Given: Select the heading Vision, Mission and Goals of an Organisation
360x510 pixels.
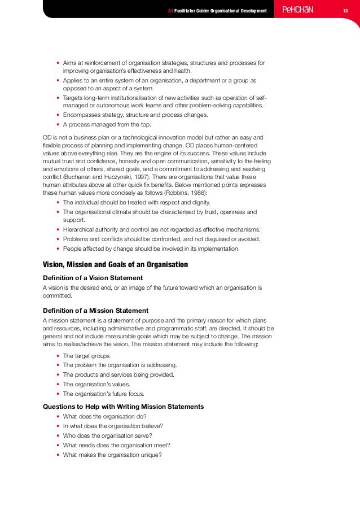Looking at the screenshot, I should click(x=115, y=264).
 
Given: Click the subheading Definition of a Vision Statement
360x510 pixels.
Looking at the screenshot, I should click(x=93, y=277).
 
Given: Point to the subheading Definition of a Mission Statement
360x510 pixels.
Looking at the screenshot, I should click(x=95, y=310).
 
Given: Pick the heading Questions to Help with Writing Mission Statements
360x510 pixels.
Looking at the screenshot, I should click(x=124, y=407).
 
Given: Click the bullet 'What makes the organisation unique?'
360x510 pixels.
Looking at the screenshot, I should click(x=112, y=454).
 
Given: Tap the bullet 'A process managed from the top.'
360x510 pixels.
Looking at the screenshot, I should click(x=107, y=124).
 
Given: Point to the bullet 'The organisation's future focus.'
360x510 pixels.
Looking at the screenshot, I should click(x=104, y=394).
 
